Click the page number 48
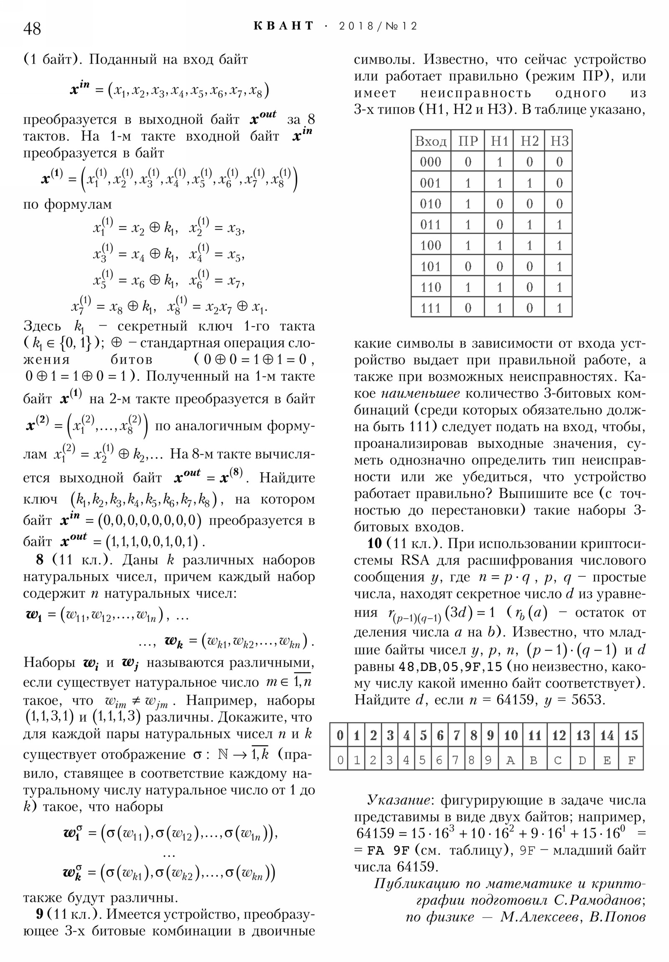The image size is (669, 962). tap(32, 29)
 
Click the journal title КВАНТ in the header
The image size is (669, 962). tap(283, 26)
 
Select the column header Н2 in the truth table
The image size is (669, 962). tap(529, 141)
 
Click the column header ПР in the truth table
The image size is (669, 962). tap(468, 141)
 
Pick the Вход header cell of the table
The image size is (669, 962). tap(431, 141)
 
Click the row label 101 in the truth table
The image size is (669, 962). tap(431, 266)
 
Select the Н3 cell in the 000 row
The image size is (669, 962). tap(559, 162)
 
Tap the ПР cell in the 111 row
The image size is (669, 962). tap(468, 308)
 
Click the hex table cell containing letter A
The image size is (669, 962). tap(510, 760)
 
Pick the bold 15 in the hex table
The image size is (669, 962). tap(631, 735)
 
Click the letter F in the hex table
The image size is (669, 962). tap(631, 760)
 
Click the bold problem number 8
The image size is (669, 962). tap(40, 560)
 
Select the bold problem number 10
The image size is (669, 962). tap(375, 543)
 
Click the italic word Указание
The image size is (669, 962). tap(398, 800)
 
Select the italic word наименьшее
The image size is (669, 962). tap(421, 394)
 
